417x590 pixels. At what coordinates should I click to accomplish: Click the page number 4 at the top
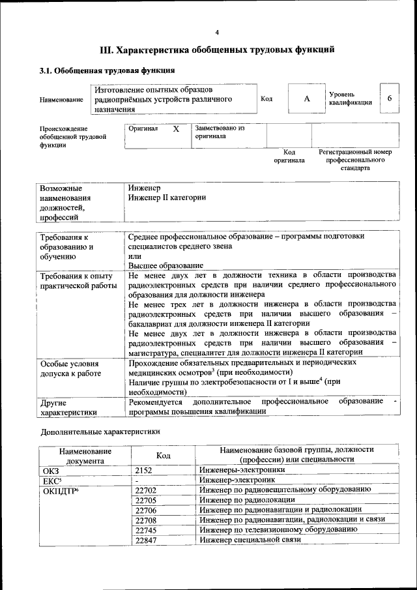point(217,33)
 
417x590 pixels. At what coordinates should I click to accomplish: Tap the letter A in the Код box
point(307,98)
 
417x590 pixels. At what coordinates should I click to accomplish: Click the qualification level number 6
point(389,98)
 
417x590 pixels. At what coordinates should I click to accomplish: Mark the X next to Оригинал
point(176,129)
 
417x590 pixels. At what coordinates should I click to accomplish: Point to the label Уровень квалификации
point(351,98)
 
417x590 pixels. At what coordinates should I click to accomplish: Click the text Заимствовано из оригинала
point(220,132)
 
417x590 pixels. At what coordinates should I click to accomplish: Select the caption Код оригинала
point(289,156)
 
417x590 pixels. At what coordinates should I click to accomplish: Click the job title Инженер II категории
point(167,197)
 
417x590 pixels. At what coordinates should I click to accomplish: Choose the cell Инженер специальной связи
point(250,540)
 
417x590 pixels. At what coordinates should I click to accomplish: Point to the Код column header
point(164,455)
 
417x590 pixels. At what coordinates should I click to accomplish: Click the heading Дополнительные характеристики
point(100,432)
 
